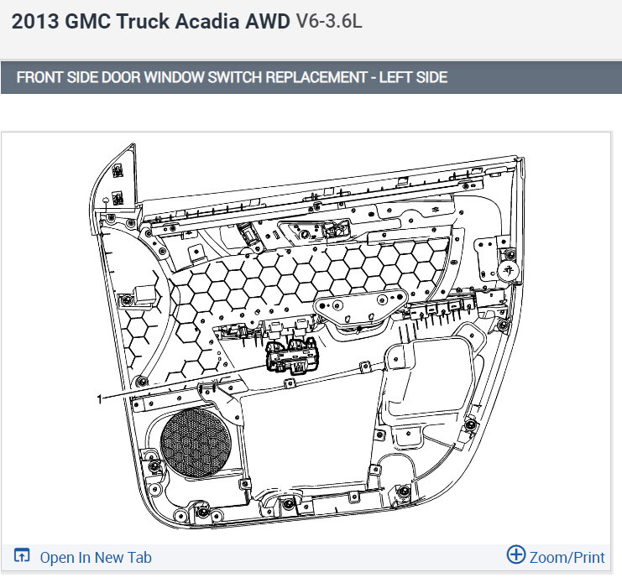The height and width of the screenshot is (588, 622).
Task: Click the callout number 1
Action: point(100,398)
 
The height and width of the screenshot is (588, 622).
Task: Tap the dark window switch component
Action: point(292,356)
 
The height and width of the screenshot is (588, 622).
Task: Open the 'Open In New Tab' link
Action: point(96,558)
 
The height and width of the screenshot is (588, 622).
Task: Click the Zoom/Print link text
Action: point(567,558)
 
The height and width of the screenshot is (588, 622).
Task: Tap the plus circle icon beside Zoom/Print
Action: point(516,554)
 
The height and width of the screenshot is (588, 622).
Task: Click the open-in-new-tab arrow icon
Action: point(22,555)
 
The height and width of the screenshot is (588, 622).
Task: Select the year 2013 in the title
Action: point(35,21)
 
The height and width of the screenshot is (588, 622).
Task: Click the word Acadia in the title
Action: point(207,21)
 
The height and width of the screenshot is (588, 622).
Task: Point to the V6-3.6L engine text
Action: point(329,21)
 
